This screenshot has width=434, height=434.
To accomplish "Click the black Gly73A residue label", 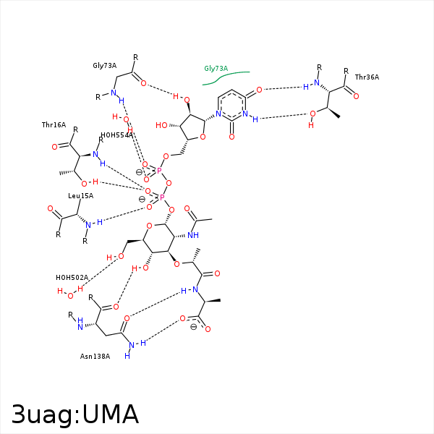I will tap(104, 65).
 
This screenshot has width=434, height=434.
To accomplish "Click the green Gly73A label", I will tap(216, 69).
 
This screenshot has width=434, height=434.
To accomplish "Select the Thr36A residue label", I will tap(367, 77).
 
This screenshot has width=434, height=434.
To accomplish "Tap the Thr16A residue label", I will tap(54, 125).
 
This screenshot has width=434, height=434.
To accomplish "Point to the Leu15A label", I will tap(80, 195).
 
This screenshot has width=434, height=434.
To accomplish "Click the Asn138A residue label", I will tap(95, 356).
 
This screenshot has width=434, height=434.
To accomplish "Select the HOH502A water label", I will tap(72, 277).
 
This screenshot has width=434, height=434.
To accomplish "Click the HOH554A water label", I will tap(116, 135).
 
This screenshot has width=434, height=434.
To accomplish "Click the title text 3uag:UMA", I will tap(75, 414).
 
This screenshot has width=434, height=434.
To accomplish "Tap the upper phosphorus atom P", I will tap(159, 171).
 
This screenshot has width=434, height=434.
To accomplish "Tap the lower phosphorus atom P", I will tap(161, 197).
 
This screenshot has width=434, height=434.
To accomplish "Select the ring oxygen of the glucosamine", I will tap(149, 226).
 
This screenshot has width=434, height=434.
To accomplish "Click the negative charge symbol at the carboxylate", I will tap(194, 327).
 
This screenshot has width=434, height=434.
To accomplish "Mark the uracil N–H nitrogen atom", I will tap(246, 114).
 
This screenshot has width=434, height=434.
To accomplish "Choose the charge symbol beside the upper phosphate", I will tap(139, 172).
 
